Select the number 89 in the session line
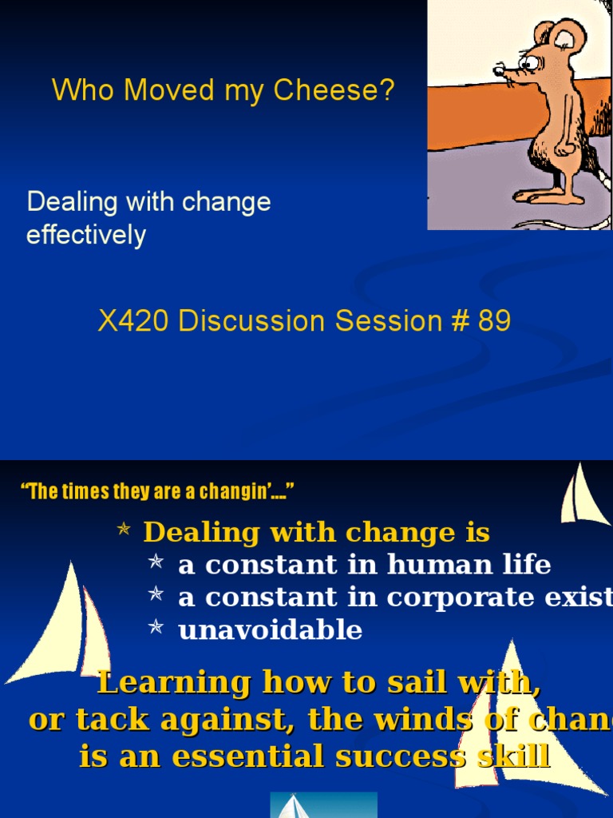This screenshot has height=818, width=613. [x=494, y=321]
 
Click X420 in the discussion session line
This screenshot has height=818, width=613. [x=134, y=321]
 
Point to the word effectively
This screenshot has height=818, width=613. [x=86, y=236]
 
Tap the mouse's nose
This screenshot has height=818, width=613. [x=499, y=71]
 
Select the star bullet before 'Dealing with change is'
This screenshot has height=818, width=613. [x=124, y=530]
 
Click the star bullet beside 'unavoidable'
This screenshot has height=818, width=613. [x=156, y=628]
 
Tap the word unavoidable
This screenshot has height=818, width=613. [x=271, y=630]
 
